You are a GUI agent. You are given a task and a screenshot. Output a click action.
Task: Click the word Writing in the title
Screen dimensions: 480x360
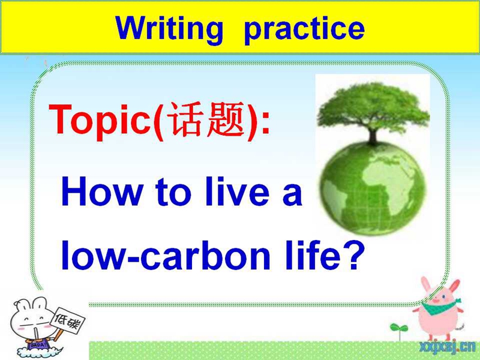[x=169, y=29]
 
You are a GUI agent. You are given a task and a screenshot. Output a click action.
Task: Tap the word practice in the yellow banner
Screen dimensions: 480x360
[x=305, y=31]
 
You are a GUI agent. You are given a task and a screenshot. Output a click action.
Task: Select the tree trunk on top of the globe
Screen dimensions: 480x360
[x=373, y=136]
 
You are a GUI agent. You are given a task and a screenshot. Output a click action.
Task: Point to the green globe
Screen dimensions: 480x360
[x=373, y=188]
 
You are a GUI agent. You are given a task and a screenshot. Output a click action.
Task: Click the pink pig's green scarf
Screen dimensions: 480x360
[x=439, y=307]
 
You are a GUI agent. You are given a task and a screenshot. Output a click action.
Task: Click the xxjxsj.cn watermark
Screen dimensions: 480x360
[x=447, y=347]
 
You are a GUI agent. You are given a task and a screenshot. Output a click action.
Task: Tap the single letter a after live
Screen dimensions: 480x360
[x=292, y=195]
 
